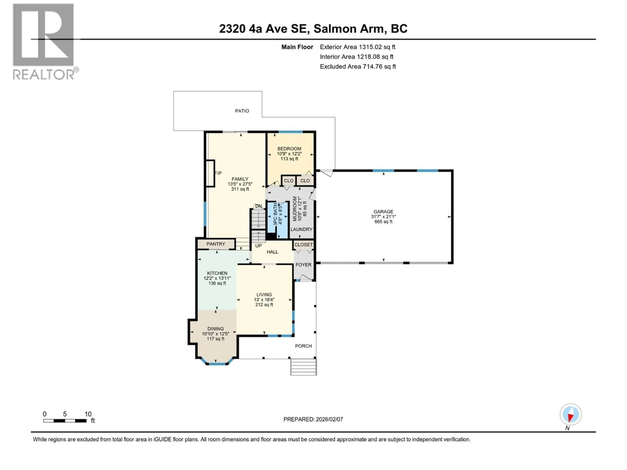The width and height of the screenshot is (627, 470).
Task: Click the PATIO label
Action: pos(242,111)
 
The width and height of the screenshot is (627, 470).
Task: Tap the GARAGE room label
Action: pos(383,212)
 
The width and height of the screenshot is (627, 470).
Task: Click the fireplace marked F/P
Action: pos(210,173)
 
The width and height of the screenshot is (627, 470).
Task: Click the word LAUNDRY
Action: pos(301,229)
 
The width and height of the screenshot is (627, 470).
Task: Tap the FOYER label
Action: pos(303,265)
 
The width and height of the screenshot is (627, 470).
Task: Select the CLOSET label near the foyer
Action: pos(303,244)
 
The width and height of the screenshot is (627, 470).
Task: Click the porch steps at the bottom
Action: pos(303,367)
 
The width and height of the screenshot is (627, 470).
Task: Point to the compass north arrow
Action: pos(570,415)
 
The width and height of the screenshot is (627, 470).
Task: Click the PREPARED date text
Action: pos(313,419)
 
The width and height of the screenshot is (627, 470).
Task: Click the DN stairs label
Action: pos(258,206)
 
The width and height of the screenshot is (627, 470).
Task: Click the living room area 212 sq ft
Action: pos(264,305)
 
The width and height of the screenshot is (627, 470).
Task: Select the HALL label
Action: pos(272,252)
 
